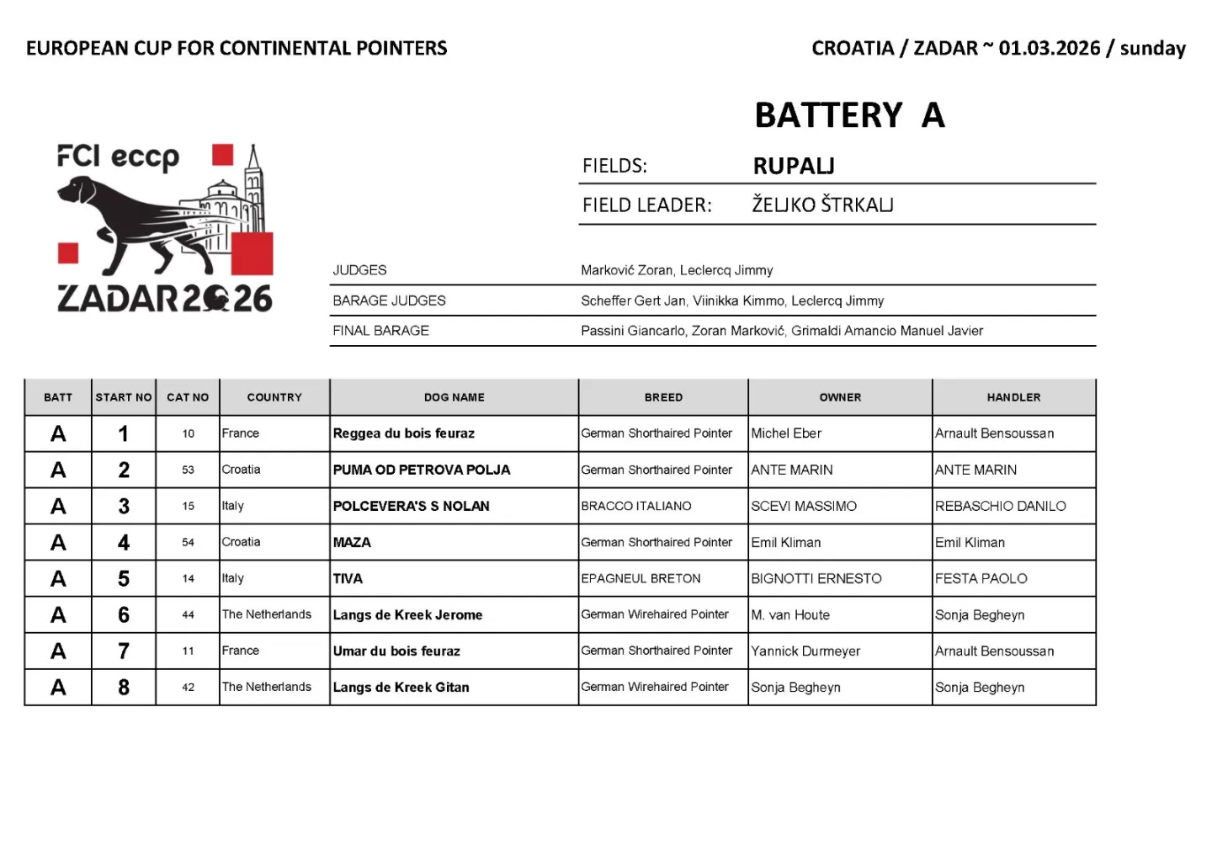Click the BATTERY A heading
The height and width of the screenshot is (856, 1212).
pyautogui.click(x=849, y=115)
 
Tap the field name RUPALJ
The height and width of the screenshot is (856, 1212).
pyautogui.click(x=794, y=166)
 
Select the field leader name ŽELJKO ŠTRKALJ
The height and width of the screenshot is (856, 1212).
pyautogui.click(x=822, y=205)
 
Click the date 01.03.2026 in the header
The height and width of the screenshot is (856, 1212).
pyautogui.click(x=1050, y=48)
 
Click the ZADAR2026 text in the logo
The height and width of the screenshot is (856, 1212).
pyautogui.click(x=164, y=298)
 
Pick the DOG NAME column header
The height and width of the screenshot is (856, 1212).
pyautogui.click(x=454, y=397)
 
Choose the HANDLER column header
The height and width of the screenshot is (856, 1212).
pyautogui.click(x=1013, y=397)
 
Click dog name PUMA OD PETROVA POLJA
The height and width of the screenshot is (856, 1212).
pyautogui.click(x=422, y=470)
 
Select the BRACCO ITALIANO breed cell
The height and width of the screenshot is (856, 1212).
pyautogui.click(x=636, y=506)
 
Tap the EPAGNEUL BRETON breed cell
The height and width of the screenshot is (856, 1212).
pyautogui.click(x=641, y=578)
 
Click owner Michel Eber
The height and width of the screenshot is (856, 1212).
pyautogui.click(x=786, y=433)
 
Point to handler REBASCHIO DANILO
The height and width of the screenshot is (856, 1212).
pyautogui.click(x=1000, y=506)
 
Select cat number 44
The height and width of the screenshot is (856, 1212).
pyautogui.click(x=188, y=614)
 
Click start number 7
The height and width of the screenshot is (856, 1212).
pyautogui.click(x=124, y=651)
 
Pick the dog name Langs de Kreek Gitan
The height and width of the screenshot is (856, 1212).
pyautogui.click(x=401, y=687)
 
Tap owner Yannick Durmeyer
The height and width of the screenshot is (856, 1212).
pyautogui.click(x=805, y=651)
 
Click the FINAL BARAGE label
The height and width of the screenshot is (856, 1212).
pyautogui.click(x=380, y=331)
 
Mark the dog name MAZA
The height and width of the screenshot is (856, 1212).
pyautogui.click(x=352, y=542)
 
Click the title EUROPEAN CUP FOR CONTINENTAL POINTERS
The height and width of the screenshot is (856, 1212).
pyautogui.click(x=237, y=48)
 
